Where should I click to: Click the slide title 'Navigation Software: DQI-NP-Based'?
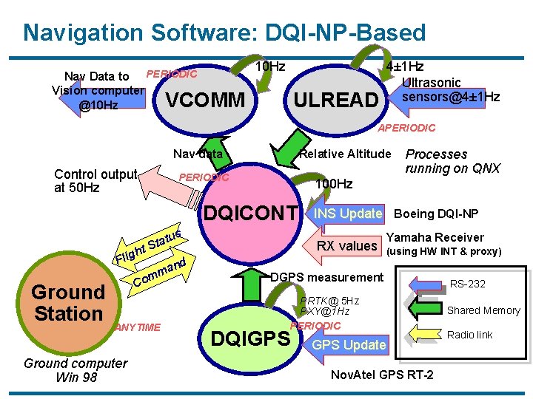224,33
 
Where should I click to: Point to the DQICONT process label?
255,214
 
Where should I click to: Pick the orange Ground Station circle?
67,303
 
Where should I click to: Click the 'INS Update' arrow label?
348,214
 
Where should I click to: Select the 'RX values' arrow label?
347,245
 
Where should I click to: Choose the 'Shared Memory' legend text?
483,311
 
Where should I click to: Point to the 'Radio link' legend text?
469,335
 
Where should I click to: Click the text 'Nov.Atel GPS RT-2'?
382,375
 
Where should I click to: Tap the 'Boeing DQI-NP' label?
436,214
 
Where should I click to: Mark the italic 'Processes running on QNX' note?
452,161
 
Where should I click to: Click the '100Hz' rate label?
334,183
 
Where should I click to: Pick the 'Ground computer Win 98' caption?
75,370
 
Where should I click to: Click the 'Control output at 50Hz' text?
95,181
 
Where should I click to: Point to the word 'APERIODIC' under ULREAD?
407,128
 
